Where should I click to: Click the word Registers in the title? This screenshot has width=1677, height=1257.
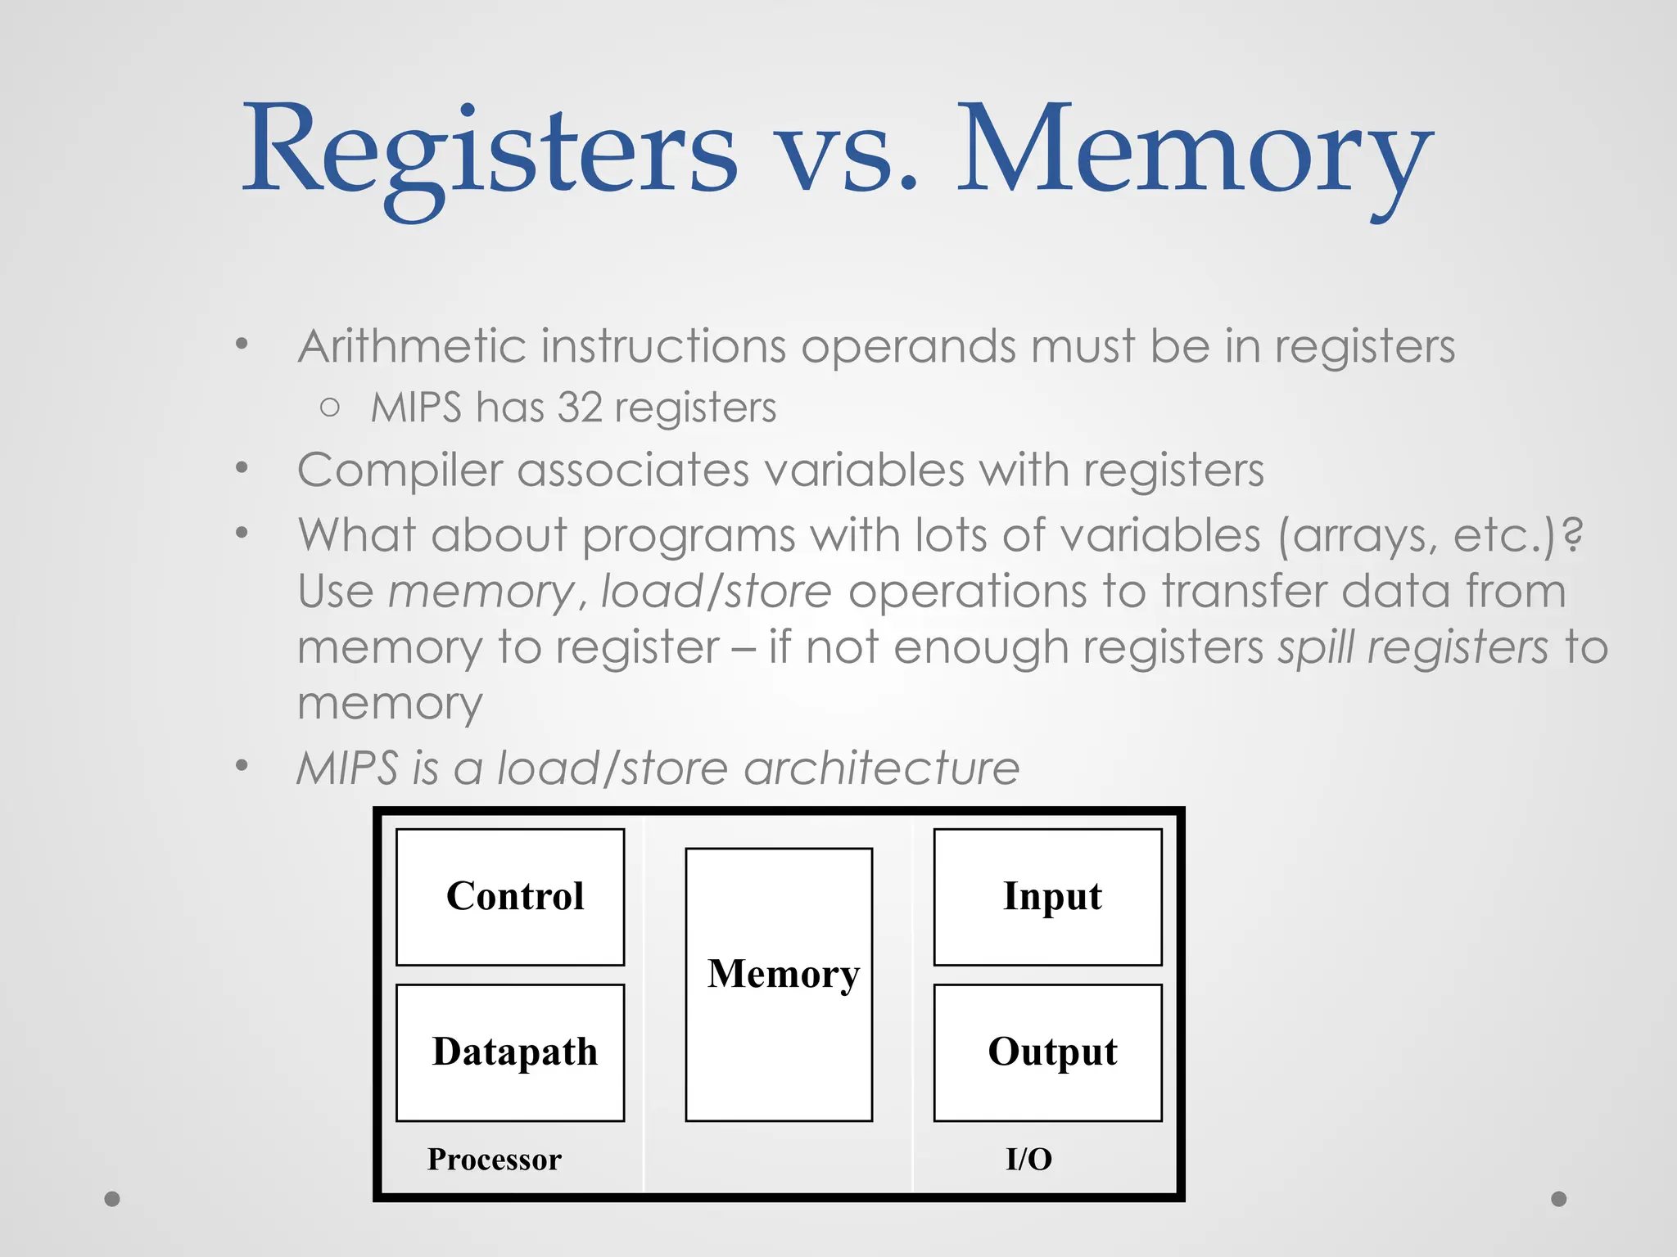click(x=490, y=151)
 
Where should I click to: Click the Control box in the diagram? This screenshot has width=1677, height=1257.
click(x=510, y=897)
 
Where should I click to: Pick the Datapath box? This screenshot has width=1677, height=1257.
click(x=510, y=1052)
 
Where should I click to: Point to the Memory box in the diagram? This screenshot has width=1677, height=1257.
click(x=779, y=984)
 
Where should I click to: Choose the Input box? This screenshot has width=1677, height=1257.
click(x=1047, y=897)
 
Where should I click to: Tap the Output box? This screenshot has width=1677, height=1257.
click(x=1047, y=1052)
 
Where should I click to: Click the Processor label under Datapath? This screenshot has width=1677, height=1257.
click(x=494, y=1160)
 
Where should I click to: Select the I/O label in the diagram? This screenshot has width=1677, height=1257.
click(x=1028, y=1160)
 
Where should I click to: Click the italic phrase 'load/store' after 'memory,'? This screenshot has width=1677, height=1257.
click(x=716, y=592)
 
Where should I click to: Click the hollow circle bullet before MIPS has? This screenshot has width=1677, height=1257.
click(x=330, y=408)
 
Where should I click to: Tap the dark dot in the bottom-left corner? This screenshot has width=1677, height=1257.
click(x=112, y=1199)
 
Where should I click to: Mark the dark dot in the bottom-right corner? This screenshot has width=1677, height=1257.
click(x=1559, y=1199)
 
